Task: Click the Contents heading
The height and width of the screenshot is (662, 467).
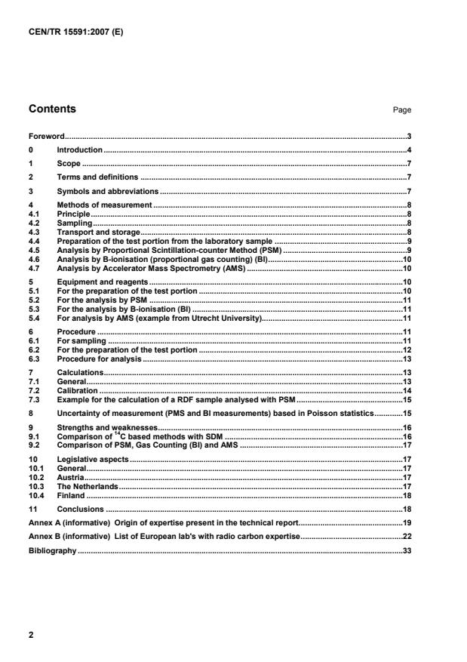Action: tap(52, 109)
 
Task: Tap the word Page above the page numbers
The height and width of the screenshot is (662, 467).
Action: tap(402, 110)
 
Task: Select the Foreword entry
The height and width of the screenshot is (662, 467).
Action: tap(46, 137)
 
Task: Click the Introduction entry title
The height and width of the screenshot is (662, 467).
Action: tap(80, 150)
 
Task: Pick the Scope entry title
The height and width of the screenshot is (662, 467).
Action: tap(69, 164)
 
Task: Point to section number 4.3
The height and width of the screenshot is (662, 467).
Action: tap(34, 232)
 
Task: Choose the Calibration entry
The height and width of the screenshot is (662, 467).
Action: tap(78, 390)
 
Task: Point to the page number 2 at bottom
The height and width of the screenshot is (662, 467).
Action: tap(31, 636)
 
